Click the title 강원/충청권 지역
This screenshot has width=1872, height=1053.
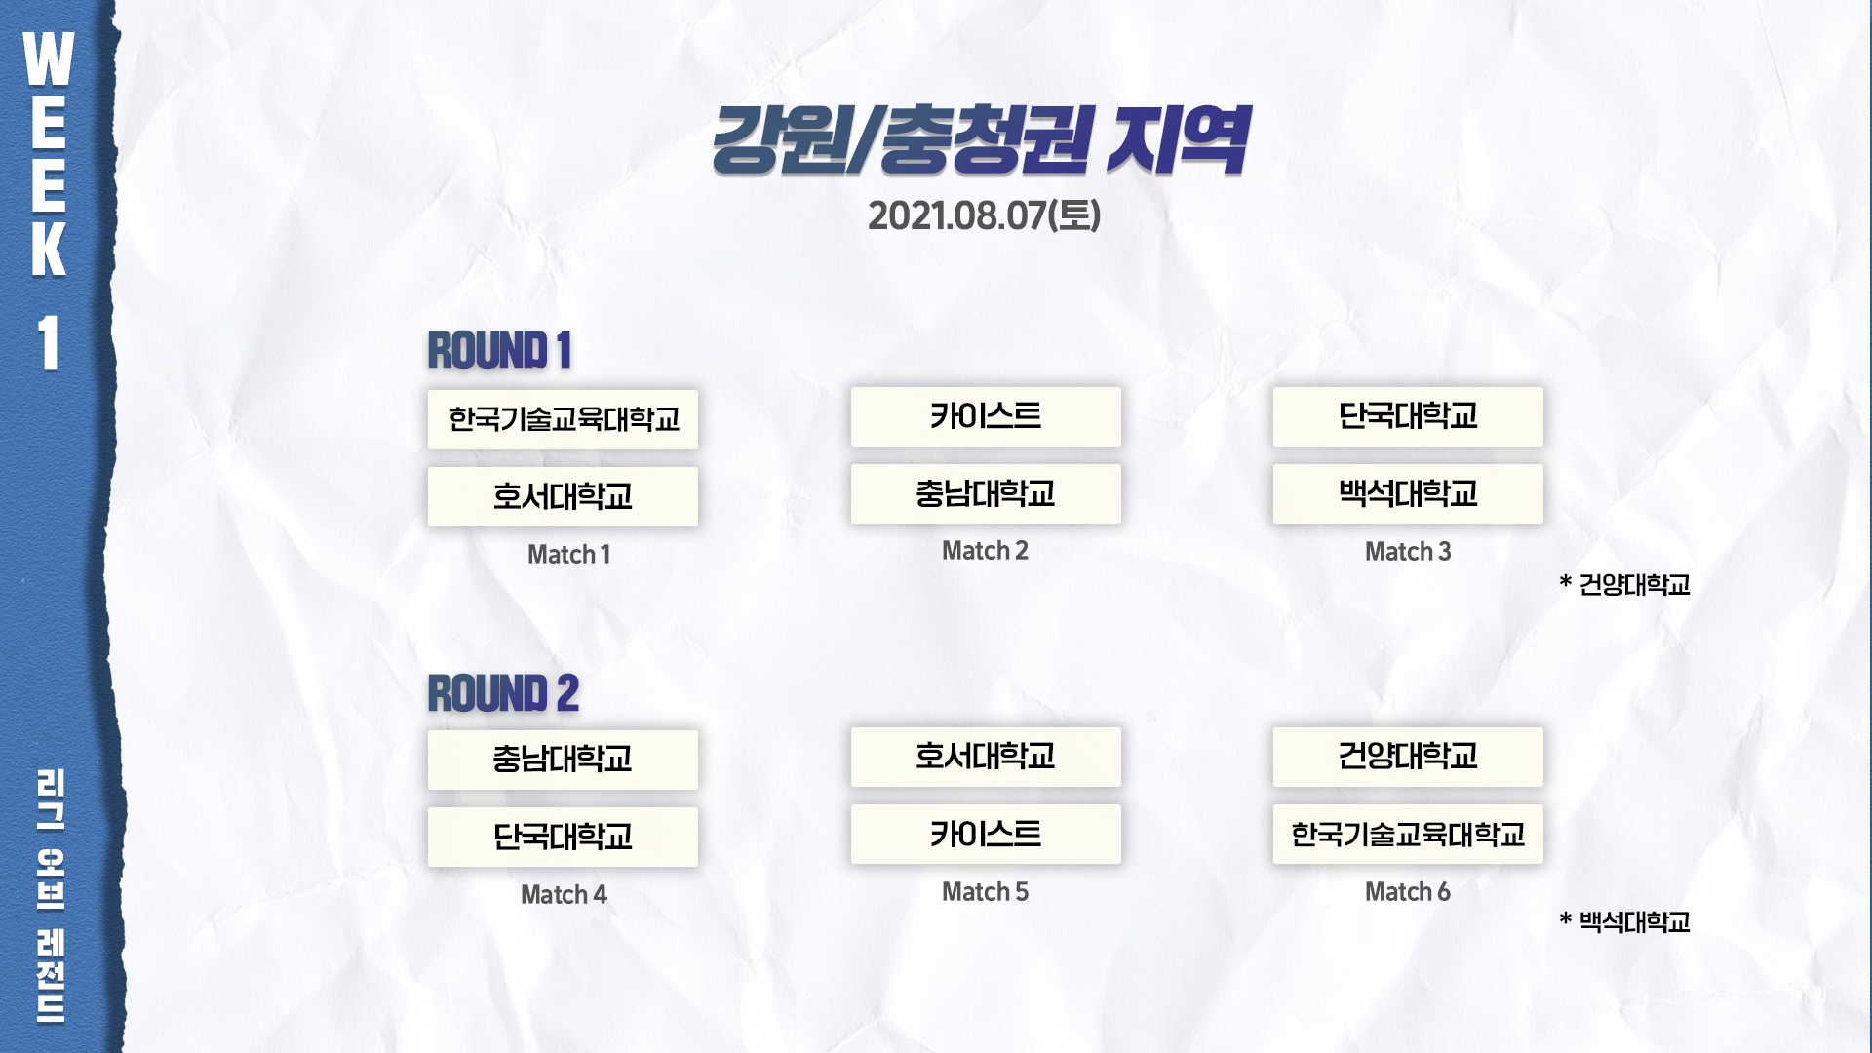click(980, 141)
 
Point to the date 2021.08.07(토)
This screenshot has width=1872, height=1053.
click(984, 215)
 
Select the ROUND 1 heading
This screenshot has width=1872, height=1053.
click(499, 351)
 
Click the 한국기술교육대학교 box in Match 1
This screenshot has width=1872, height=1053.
click(563, 419)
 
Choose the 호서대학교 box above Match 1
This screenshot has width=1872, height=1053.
click(563, 496)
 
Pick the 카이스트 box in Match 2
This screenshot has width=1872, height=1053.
click(986, 416)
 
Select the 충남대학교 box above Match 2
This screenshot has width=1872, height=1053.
click(986, 493)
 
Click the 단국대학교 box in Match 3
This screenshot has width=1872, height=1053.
click(1408, 416)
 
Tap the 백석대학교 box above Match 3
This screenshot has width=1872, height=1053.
click(1408, 493)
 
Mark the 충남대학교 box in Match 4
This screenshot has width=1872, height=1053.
click(563, 760)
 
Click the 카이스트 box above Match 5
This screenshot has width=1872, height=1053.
click(986, 834)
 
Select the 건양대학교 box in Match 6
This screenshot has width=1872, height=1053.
click(1408, 757)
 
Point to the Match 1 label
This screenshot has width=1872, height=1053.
click(569, 555)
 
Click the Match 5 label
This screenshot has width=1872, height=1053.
click(985, 892)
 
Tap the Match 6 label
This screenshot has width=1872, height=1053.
click(1408, 892)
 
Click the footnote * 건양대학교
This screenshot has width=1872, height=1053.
click(1624, 584)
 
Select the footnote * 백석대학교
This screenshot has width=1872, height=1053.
click(1624, 921)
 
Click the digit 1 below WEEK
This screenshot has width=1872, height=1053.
click(49, 343)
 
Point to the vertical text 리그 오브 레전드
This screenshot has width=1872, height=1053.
click(51, 895)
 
